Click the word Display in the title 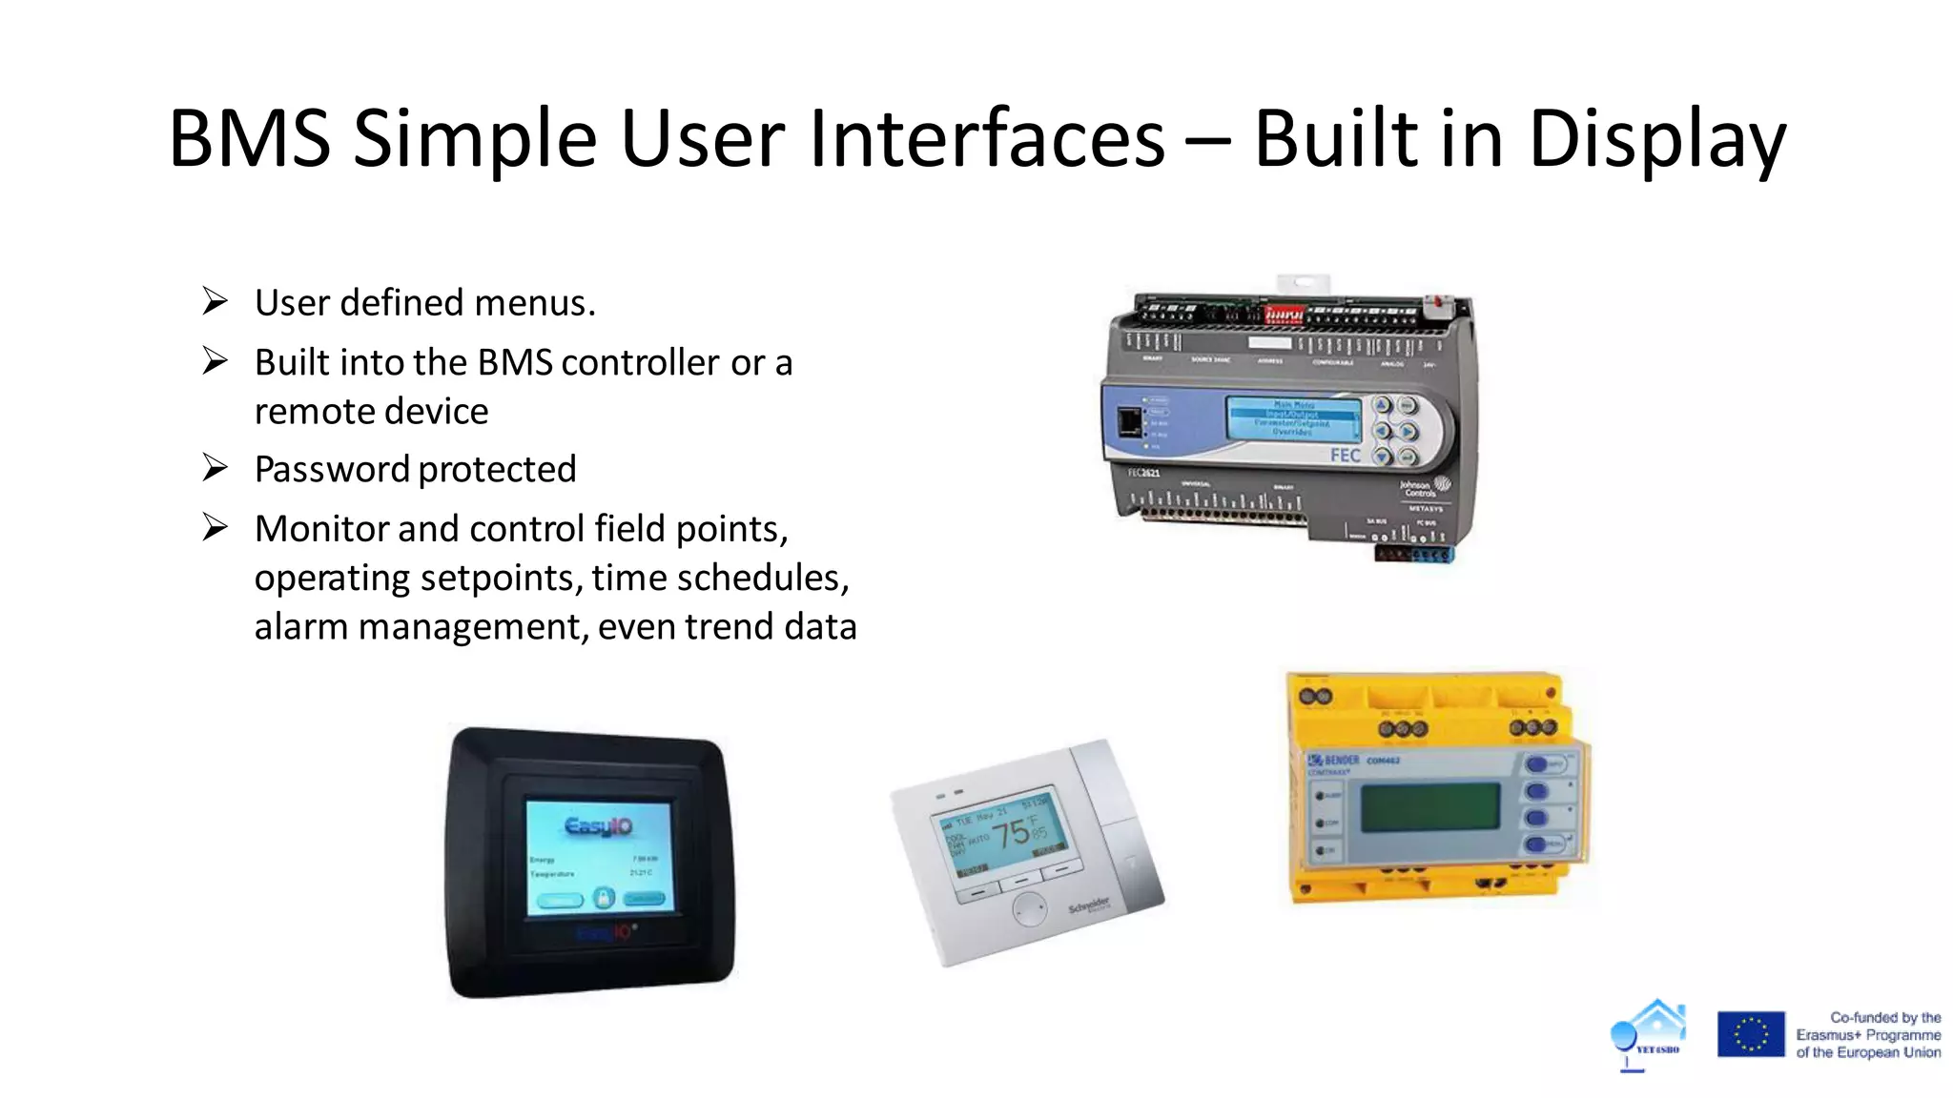[x=1656, y=140]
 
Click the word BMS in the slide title [x=250, y=140]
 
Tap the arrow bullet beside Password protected [x=216, y=468]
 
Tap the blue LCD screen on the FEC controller [x=1293, y=418]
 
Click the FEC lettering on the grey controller [x=1345, y=456]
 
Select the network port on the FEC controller [x=1129, y=421]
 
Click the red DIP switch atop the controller [x=1284, y=314]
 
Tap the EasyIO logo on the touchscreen [x=598, y=825]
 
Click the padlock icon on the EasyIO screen [x=603, y=898]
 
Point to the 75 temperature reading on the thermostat [x=1011, y=834]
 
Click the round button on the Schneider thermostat [x=1029, y=909]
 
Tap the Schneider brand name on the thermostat [x=1089, y=905]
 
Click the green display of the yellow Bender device [x=1429, y=807]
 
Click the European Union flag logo [x=1750, y=1034]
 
